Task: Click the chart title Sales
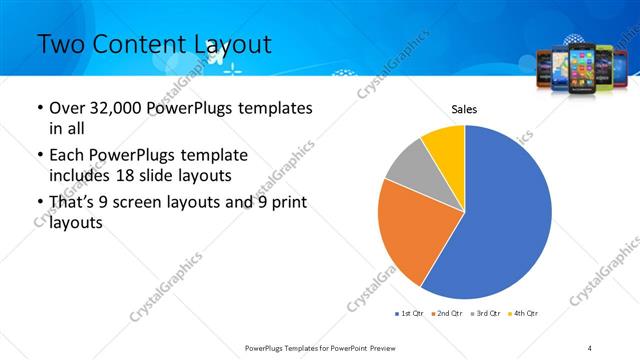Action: tap(465, 108)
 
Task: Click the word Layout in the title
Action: tap(229, 43)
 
